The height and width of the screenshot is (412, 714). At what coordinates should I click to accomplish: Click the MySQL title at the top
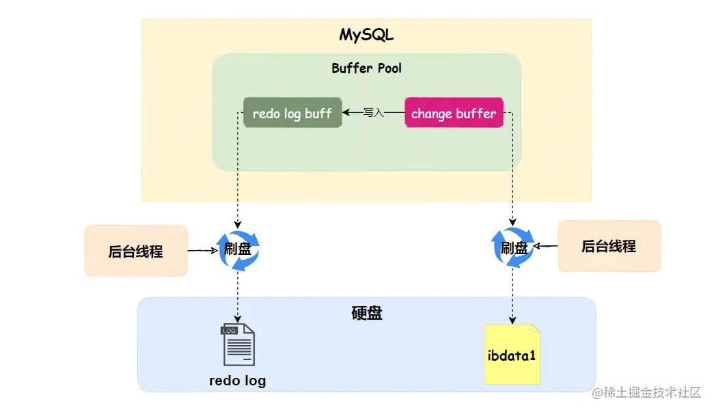click(x=366, y=35)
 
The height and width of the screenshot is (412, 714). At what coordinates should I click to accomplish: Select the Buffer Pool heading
click(x=366, y=68)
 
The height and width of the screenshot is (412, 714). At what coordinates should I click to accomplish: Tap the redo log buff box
click(x=292, y=113)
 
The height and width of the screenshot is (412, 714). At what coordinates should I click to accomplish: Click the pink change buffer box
click(x=454, y=113)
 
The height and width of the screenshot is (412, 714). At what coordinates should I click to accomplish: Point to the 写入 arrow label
click(x=374, y=113)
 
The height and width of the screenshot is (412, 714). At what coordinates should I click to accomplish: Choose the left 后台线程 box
click(x=136, y=251)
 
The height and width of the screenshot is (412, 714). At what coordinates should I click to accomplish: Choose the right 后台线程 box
click(x=609, y=246)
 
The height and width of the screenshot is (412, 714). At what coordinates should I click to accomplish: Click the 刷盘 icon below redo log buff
click(x=238, y=249)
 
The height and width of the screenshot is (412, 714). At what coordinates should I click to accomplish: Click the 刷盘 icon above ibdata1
click(x=514, y=247)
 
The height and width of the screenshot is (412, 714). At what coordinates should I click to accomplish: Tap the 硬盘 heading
click(x=367, y=313)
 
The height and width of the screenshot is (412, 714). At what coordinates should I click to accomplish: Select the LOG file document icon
click(x=238, y=346)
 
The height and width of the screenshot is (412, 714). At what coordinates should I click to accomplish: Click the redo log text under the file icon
click(x=237, y=381)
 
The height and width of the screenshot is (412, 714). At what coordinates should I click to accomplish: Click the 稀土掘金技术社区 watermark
click(x=646, y=392)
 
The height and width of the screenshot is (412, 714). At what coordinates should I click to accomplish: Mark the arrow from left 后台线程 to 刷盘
click(x=202, y=251)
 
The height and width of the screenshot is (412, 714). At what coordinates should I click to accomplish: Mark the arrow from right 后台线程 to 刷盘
click(x=546, y=246)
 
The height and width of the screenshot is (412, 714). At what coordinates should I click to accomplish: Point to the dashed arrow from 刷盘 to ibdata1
click(x=512, y=294)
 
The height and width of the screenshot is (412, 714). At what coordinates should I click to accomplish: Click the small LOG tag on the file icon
click(x=228, y=330)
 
